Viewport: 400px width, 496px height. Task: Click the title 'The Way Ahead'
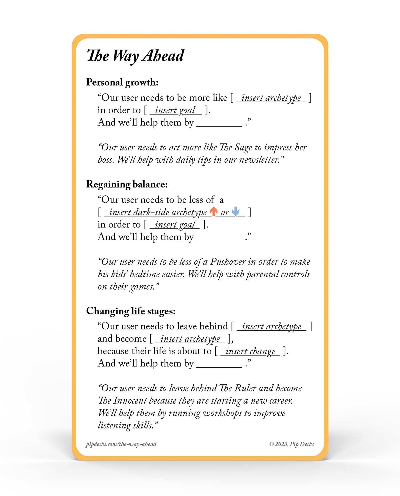click(135, 56)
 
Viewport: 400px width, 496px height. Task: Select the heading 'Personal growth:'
click(122, 82)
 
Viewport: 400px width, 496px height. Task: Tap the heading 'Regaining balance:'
click(127, 185)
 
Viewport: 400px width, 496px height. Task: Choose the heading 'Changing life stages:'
click(131, 311)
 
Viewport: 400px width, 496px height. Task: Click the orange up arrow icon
click(214, 211)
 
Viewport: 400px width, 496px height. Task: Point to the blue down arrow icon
click(236, 211)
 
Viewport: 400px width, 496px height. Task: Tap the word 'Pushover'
click(228, 262)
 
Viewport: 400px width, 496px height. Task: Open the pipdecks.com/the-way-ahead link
click(121, 444)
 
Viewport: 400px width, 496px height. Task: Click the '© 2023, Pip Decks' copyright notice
click(291, 444)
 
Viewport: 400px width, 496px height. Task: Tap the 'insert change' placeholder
click(250, 351)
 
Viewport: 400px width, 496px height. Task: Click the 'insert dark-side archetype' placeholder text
click(158, 212)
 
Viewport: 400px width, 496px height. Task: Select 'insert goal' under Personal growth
click(175, 110)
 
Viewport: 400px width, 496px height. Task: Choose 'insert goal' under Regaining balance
click(175, 225)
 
